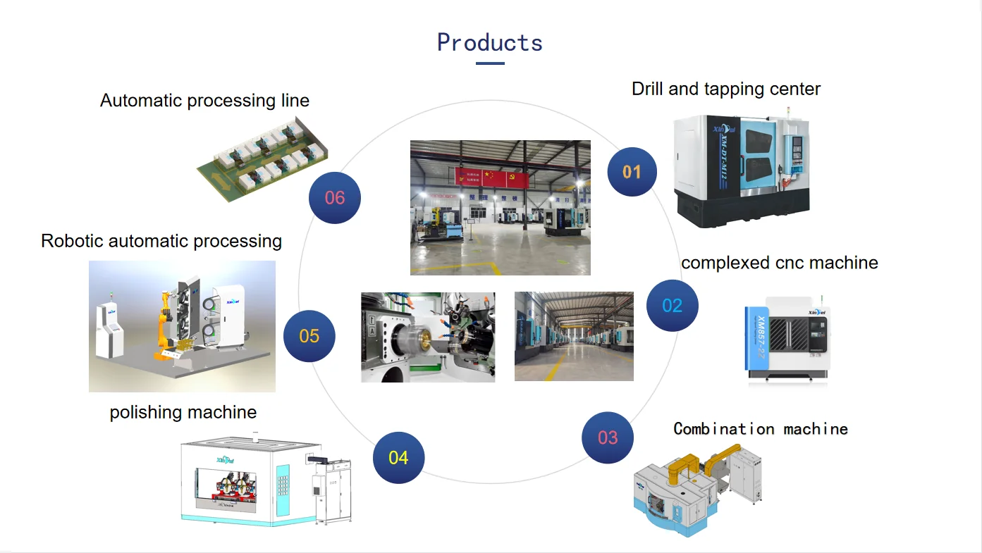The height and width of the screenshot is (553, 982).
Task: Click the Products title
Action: click(x=490, y=42)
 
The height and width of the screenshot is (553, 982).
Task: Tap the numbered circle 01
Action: click(x=632, y=171)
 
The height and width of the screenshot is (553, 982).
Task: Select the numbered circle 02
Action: click(x=673, y=305)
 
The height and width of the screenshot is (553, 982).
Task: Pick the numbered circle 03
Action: click(x=608, y=437)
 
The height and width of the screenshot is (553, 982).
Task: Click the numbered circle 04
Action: click(x=398, y=458)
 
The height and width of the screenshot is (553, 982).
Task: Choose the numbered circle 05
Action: click(x=309, y=336)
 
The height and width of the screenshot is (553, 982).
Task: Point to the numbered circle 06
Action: click(x=335, y=198)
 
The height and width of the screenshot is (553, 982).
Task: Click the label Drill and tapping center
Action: click(x=726, y=89)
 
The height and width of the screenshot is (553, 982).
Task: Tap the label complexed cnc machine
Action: click(x=779, y=263)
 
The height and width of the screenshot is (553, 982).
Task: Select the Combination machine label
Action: click(x=760, y=429)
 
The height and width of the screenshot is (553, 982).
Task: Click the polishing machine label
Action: click(x=183, y=412)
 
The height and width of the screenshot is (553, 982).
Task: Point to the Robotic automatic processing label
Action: click(x=161, y=241)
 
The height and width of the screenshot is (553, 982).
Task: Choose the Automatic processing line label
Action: click(x=204, y=101)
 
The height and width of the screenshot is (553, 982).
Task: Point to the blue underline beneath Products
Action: click(x=490, y=63)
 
